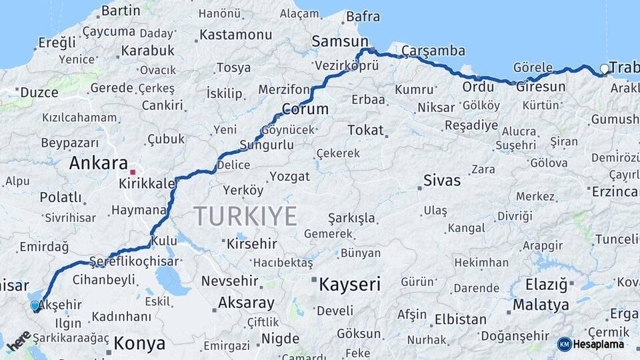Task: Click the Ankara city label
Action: click(x=98, y=163)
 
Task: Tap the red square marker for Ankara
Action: click(x=133, y=172)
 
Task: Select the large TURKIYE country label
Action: click(x=245, y=217)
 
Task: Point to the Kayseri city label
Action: click(x=349, y=285)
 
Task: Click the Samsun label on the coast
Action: click(x=335, y=41)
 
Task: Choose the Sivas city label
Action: click(x=443, y=180)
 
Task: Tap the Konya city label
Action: click(x=139, y=344)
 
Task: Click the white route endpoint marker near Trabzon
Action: click(x=604, y=69)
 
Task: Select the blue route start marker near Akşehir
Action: click(x=35, y=306)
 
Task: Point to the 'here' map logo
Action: click(x=19, y=341)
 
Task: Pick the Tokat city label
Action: click(x=366, y=130)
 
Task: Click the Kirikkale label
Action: click(x=147, y=183)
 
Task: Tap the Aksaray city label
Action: click(x=246, y=303)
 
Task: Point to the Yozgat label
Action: click(x=290, y=177)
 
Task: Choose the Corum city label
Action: click(x=305, y=109)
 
